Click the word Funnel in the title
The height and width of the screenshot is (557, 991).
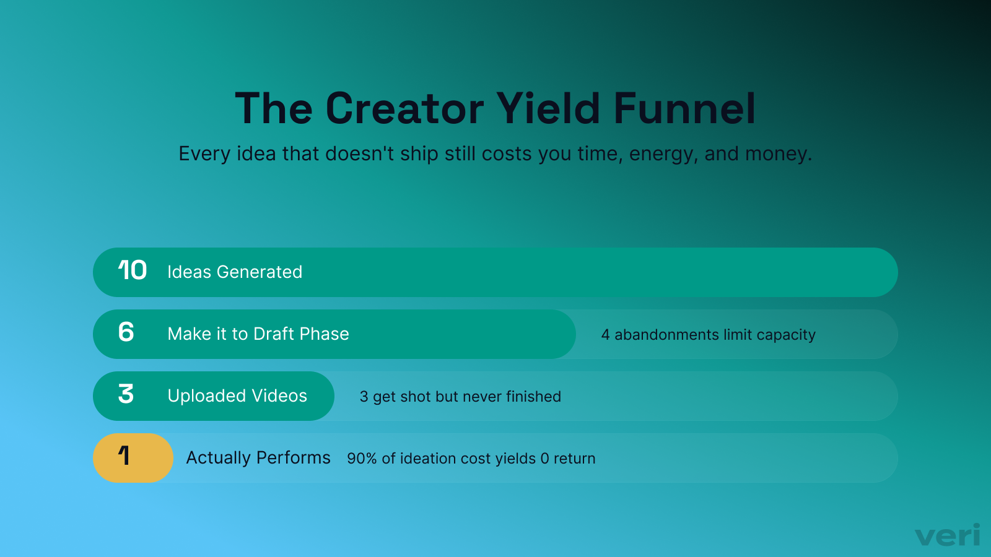pos(684,109)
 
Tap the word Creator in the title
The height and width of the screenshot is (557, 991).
pos(404,109)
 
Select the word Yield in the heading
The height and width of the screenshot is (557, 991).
pos(548,109)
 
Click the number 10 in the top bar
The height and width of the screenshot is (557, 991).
pos(132,270)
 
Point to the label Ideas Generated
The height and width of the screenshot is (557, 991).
pos(235,272)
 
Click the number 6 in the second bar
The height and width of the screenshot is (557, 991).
pos(126,332)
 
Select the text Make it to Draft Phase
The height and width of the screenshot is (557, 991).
pos(258,334)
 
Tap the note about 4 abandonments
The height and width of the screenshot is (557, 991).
pos(708,335)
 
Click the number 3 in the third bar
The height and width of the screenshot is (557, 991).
pos(126,394)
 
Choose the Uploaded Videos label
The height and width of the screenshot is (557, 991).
pos(237,396)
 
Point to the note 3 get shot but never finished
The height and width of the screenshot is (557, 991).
pos(460,397)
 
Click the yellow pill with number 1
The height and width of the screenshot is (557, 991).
pos(133,457)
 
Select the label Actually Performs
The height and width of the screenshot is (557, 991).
pos(258,458)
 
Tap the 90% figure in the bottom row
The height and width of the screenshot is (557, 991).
pos(362,459)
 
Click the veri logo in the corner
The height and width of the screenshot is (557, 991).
pos(947,535)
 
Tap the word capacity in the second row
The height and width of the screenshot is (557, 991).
pos(786,335)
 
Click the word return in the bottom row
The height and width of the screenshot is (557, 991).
pos(574,459)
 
